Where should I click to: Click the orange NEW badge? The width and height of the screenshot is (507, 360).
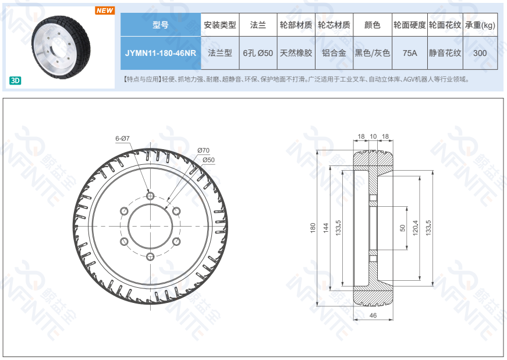tap(105, 10)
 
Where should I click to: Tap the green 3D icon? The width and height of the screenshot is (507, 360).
tap(15, 80)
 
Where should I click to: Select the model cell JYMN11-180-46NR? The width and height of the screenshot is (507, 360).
tap(161, 53)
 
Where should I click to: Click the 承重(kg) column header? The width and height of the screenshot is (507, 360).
tap(480, 25)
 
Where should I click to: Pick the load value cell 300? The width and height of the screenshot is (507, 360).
tap(480, 53)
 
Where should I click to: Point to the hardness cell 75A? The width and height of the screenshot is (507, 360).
tap(410, 53)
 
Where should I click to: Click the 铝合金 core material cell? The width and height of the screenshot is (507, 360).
tap(334, 53)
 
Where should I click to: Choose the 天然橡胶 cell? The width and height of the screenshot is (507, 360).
tap(296, 53)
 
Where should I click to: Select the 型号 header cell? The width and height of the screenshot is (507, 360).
tap(161, 25)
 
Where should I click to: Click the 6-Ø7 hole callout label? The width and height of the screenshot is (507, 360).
tap(123, 139)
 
